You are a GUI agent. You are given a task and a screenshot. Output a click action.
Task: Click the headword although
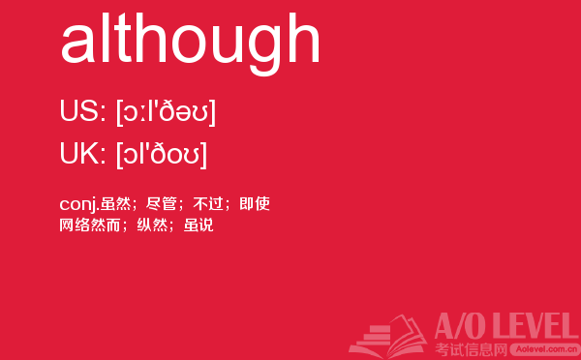(x=190, y=43)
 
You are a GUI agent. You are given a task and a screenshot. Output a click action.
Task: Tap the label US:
(x=82, y=110)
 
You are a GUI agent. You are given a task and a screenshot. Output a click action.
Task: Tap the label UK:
(x=82, y=153)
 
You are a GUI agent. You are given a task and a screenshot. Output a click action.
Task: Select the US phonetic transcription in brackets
(x=166, y=112)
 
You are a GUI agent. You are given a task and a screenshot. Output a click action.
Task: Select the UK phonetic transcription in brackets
(x=161, y=155)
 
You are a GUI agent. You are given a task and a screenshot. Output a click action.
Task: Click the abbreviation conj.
(x=79, y=204)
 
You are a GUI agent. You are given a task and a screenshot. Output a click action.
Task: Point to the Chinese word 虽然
(x=115, y=203)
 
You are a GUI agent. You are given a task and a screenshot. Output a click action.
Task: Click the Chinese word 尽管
(x=161, y=203)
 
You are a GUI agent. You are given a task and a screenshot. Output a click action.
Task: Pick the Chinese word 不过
(x=208, y=203)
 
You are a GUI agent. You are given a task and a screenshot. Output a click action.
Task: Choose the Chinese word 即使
(x=255, y=203)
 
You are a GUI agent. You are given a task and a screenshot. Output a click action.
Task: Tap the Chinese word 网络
(x=75, y=225)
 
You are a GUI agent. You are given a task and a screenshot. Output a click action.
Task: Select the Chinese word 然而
(x=106, y=225)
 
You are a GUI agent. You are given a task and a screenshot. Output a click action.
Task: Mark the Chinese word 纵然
(x=152, y=225)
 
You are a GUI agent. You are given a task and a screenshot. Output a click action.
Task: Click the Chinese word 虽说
(x=199, y=225)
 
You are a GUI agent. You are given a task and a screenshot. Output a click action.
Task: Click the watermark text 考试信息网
(x=471, y=349)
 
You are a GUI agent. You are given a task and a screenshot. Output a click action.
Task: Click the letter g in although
(x=264, y=51)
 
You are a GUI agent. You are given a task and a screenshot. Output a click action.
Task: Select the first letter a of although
(x=77, y=45)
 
